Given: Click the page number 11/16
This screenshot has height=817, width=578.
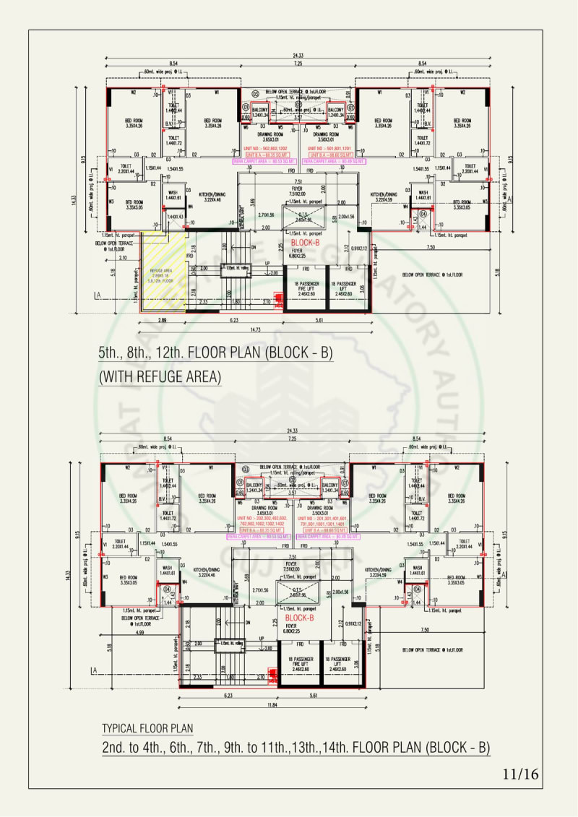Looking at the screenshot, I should (520, 775).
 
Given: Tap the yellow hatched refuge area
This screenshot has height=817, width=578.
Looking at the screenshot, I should (163, 271).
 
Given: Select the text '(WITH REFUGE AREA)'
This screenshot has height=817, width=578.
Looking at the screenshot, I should (160, 376).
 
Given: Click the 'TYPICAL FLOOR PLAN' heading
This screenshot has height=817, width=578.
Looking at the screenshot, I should (147, 727).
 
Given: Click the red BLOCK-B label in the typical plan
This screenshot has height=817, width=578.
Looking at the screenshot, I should (299, 618).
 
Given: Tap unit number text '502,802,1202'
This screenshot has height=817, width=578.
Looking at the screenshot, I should (268, 147).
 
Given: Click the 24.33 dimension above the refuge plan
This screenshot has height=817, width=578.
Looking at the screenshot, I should (297, 57).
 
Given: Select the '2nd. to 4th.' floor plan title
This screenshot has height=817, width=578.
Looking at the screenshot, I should (296, 747).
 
